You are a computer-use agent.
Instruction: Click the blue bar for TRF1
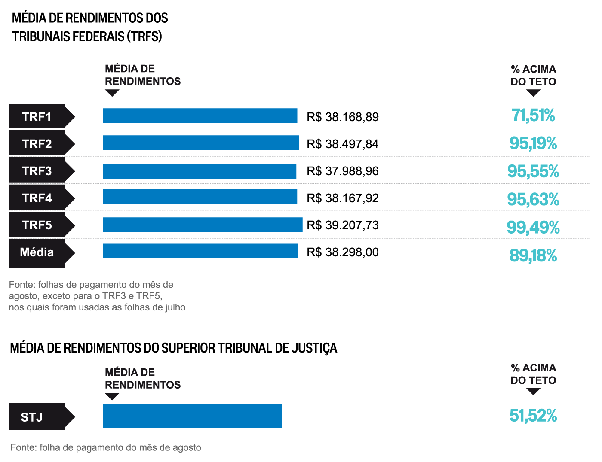[x=200, y=116]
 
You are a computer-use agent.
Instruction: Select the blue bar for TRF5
[x=203, y=225]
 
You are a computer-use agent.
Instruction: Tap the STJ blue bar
[x=192, y=416]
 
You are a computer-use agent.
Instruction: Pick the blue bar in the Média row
[x=200, y=251]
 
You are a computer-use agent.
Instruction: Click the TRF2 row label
[x=37, y=143]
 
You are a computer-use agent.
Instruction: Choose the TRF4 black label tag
[x=37, y=198]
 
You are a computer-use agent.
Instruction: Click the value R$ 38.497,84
[x=343, y=144]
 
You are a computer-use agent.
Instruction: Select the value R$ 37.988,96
[x=343, y=171]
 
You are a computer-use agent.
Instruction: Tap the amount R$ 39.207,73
[x=343, y=225]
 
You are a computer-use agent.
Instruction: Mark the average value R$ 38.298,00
[x=343, y=252]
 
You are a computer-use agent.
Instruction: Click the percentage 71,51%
[x=533, y=115]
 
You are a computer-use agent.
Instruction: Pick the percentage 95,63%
[x=533, y=199]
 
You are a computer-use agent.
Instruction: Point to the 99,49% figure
[x=533, y=227]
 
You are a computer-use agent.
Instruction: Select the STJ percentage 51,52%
[x=533, y=416]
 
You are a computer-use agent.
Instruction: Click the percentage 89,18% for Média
[x=533, y=255]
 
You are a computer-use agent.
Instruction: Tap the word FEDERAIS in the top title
[x=98, y=36]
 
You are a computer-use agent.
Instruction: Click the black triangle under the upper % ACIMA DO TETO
[x=533, y=93]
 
